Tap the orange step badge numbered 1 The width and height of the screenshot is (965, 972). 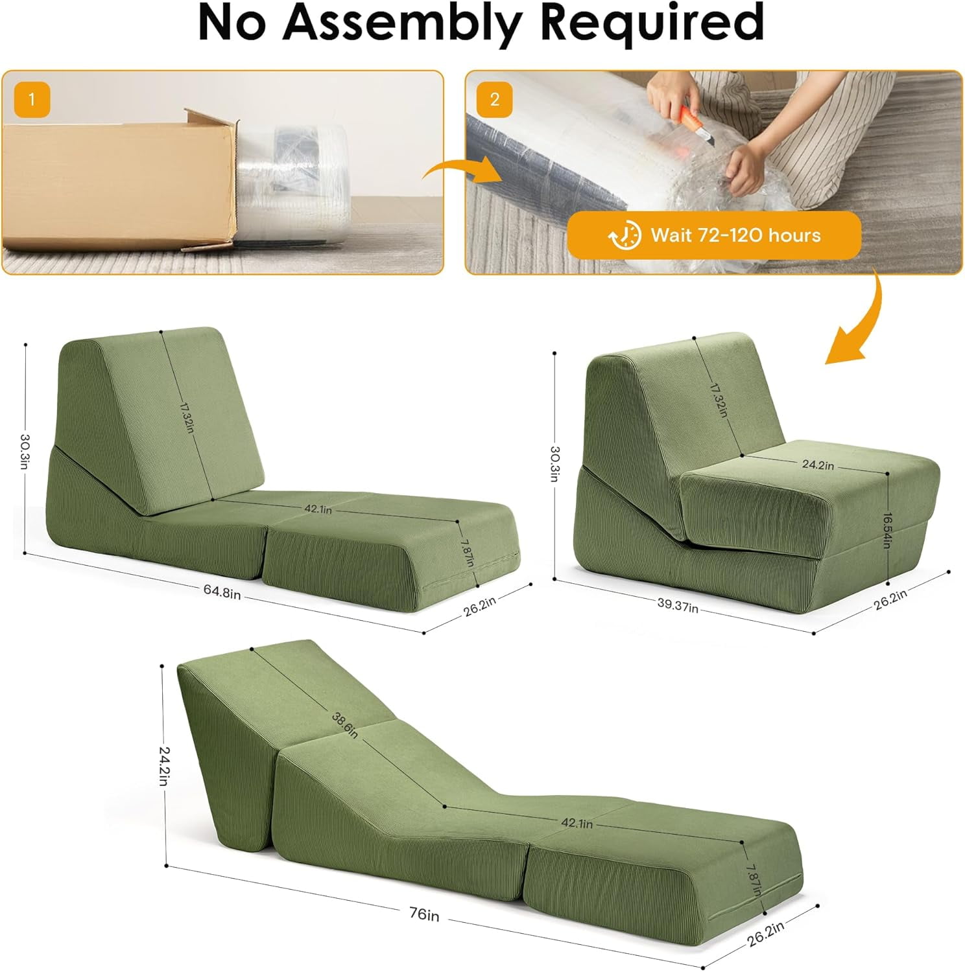click(31, 100)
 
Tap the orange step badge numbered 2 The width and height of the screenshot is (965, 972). click(495, 100)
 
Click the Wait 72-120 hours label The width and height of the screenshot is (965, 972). click(735, 235)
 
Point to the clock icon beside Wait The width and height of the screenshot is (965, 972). click(624, 235)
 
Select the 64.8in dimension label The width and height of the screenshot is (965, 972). click(222, 591)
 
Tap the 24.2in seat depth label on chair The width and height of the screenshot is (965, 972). click(818, 465)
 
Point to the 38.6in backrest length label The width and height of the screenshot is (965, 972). click(344, 724)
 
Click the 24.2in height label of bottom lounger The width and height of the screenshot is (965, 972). click(165, 765)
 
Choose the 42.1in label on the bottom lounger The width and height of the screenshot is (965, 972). click(577, 823)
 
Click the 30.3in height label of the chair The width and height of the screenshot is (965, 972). click(555, 464)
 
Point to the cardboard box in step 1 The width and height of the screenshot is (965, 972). click(117, 181)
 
